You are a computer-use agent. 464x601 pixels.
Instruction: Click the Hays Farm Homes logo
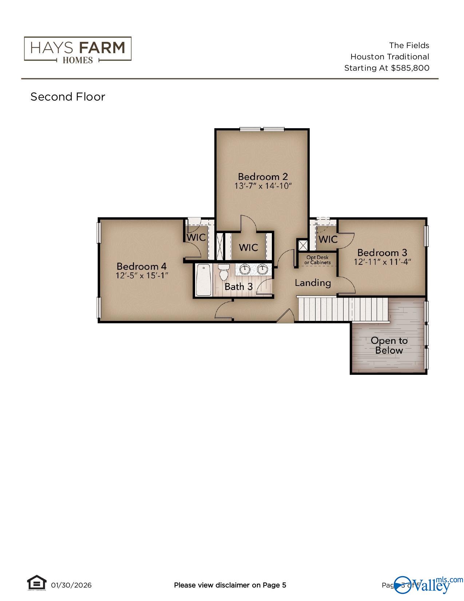78,49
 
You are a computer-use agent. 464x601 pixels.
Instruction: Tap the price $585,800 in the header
410,68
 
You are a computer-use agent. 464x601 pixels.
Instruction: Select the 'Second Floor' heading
68,97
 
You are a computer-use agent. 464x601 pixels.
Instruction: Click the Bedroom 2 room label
263,177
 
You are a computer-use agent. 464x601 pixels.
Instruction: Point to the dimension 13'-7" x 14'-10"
263,186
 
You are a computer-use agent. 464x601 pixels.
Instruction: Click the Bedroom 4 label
142,266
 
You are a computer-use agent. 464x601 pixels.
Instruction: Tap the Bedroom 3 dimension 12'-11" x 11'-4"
382,262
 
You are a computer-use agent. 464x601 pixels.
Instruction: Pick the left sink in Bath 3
245,270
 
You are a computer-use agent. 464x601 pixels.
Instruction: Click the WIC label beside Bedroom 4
196,237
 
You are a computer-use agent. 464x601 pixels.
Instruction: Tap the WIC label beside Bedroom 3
328,239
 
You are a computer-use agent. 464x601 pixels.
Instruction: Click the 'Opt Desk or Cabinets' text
317,260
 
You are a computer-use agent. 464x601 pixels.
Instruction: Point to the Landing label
313,283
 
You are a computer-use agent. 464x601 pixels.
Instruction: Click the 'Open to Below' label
389,345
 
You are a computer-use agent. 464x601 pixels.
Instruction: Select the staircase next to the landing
342,309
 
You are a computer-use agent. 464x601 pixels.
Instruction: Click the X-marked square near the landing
302,245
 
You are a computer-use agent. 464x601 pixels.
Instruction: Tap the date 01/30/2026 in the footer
71,585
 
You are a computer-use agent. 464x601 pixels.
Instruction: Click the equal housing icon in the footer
37,582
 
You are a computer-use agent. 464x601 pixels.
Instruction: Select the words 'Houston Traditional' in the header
389,57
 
